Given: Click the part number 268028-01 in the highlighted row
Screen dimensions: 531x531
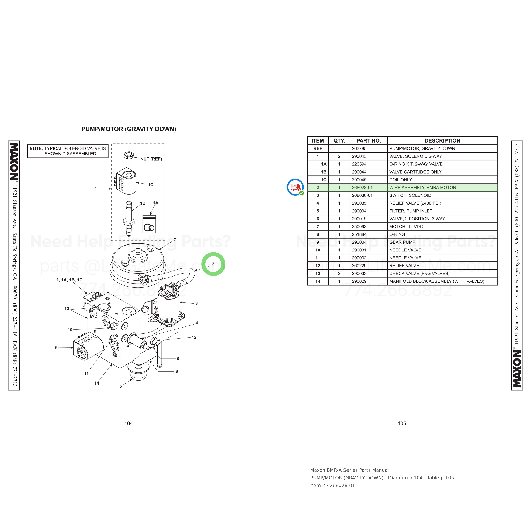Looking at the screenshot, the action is (x=362, y=188).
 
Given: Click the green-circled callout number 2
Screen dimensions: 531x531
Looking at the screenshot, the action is (x=213, y=264).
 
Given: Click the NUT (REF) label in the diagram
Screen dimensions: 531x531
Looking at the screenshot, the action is (x=151, y=159).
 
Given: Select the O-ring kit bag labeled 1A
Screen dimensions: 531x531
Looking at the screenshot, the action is (x=149, y=224).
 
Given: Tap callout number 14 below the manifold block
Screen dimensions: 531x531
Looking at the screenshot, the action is (x=96, y=383).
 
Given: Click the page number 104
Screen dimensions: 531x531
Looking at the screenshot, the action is (x=128, y=424).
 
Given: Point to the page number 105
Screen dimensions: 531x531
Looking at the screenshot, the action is (x=402, y=424).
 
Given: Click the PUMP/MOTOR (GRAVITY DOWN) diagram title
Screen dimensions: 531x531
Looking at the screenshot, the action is (x=129, y=129).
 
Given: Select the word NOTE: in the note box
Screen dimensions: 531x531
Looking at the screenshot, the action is (x=36, y=148).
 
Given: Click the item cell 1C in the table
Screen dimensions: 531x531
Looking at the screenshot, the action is (x=323, y=180).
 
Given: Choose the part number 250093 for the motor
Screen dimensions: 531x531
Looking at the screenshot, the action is (x=359, y=226).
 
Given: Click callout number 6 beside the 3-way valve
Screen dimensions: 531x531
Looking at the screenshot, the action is (x=56, y=348).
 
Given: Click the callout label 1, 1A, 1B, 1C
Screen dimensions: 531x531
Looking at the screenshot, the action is (x=69, y=280).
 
